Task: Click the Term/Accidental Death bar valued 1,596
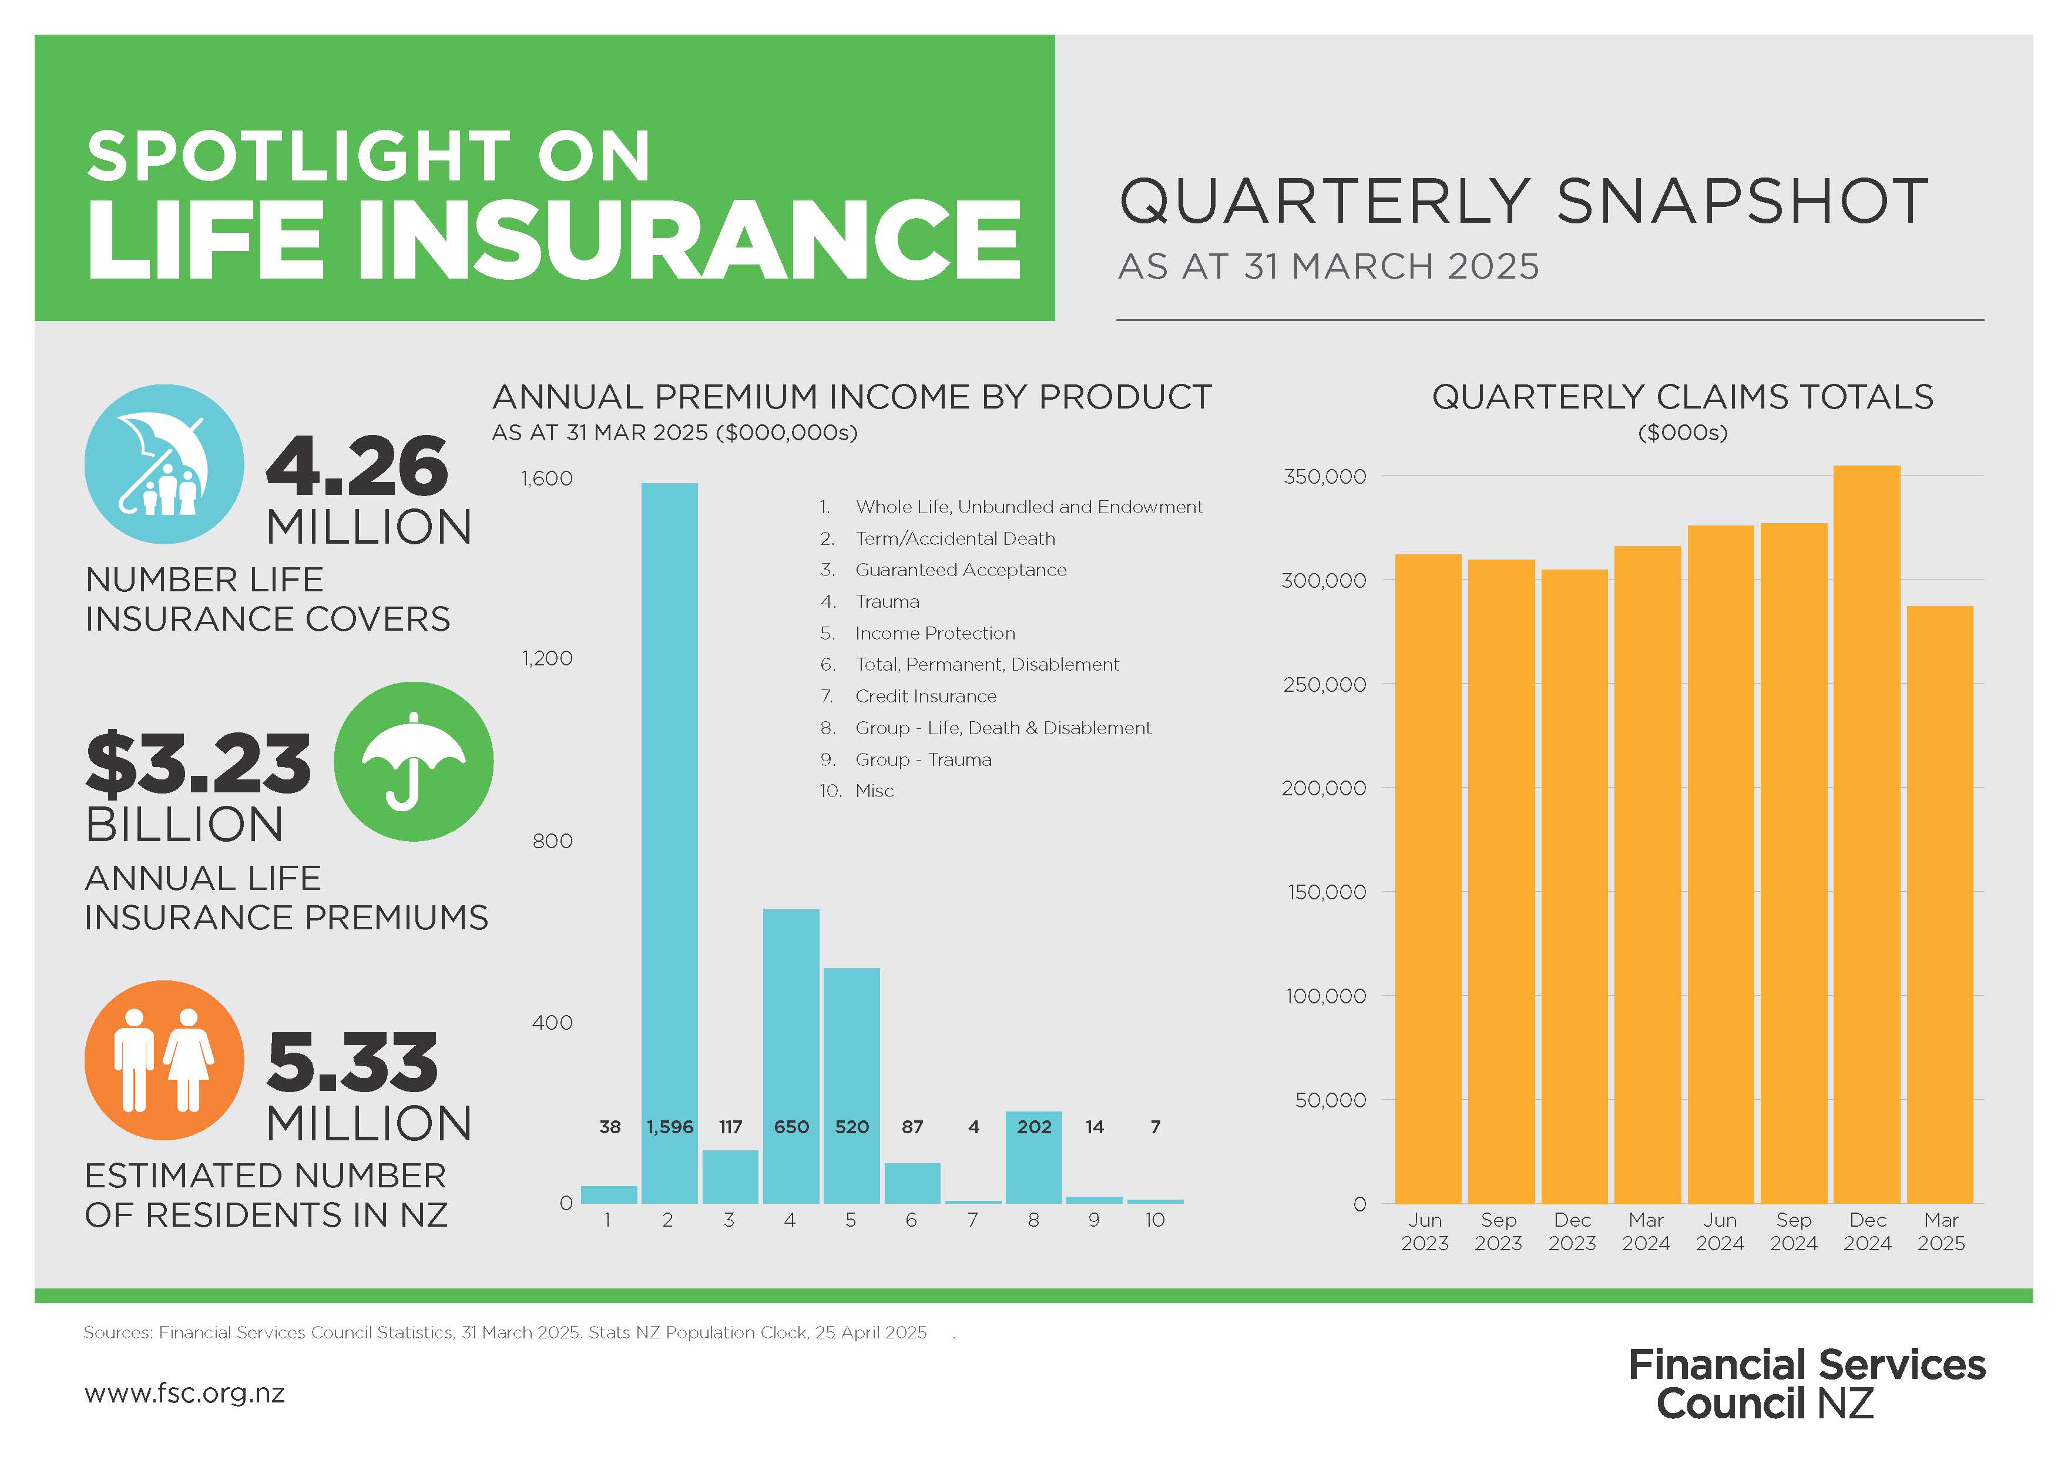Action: tap(669, 811)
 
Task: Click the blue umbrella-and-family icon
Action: tap(164, 464)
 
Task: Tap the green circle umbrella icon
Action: tap(414, 761)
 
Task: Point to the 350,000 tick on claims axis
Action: tap(1324, 477)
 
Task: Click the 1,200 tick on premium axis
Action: tap(547, 658)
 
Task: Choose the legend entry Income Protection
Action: tap(934, 633)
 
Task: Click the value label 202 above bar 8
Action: tap(1034, 1127)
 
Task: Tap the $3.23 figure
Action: tap(198, 764)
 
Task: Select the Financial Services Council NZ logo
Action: tap(1806, 1384)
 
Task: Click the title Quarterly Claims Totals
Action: tap(1681, 397)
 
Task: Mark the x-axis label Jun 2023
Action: tap(1424, 1231)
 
